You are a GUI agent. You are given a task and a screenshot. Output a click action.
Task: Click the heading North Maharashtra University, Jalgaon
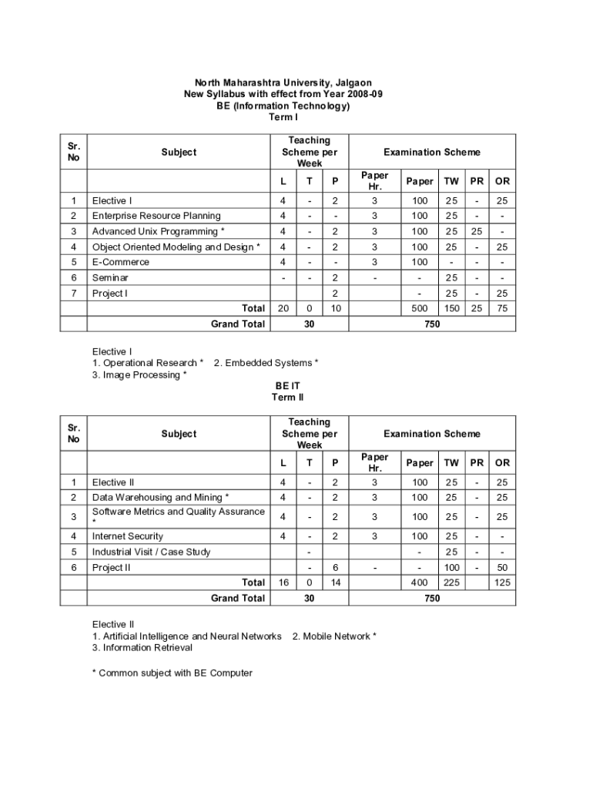coord(283,82)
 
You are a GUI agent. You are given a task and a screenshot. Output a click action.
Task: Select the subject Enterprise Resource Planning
coord(156,216)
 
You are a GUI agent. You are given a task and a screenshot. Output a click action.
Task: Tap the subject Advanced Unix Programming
coord(159,231)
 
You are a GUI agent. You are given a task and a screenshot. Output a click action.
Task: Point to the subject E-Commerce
coord(121,262)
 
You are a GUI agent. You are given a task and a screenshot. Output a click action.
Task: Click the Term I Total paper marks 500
coord(420,308)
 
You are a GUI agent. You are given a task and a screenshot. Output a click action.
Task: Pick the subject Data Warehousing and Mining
coord(160,497)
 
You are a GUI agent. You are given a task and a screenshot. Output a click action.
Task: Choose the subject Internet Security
coord(128,536)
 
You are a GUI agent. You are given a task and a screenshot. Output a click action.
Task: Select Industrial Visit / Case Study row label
coord(151,552)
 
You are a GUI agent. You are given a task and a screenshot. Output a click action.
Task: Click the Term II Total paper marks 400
coord(420,583)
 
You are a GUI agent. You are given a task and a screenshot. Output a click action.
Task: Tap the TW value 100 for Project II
coord(451,567)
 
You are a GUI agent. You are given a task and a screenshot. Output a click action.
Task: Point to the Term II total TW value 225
coord(451,583)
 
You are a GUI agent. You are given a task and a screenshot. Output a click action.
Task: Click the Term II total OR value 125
coord(502,583)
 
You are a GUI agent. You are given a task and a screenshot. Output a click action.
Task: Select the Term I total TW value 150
coord(451,308)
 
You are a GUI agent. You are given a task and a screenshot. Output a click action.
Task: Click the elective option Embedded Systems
coord(266,363)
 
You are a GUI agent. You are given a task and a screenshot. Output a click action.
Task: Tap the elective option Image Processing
coord(139,375)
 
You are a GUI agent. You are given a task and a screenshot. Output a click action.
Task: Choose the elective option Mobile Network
coord(334,636)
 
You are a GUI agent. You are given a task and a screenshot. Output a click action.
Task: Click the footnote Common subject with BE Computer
coord(173,673)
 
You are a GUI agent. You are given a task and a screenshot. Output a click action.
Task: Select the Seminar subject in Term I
coord(110,277)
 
